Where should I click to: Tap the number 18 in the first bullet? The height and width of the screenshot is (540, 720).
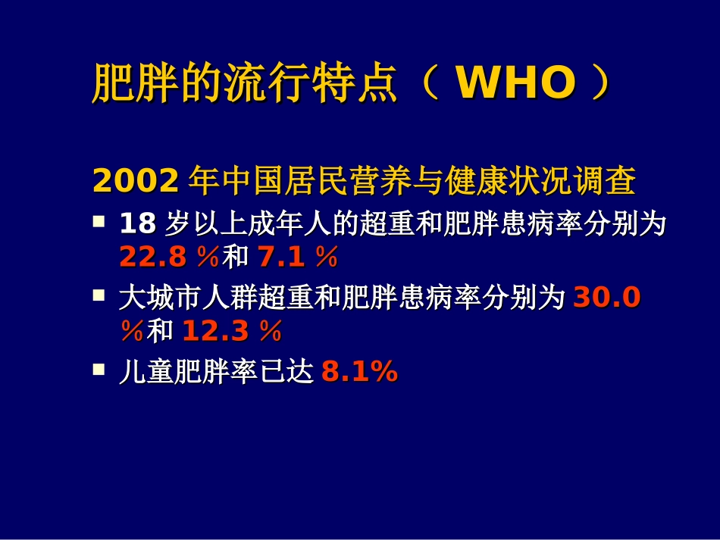(x=136, y=223)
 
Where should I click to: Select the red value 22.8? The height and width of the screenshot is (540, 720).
(x=152, y=258)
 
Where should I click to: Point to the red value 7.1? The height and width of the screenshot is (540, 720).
(x=282, y=258)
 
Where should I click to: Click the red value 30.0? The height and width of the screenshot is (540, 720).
(x=607, y=298)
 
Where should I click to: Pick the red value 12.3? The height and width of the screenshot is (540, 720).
(x=218, y=331)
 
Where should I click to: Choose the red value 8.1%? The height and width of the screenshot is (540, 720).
(x=359, y=372)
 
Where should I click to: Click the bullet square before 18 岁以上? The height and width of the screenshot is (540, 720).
(x=99, y=222)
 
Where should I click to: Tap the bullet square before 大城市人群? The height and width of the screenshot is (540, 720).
(x=99, y=296)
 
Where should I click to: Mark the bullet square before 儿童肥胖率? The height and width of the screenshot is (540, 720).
(x=99, y=370)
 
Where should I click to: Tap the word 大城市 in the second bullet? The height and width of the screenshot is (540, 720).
(x=161, y=298)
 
